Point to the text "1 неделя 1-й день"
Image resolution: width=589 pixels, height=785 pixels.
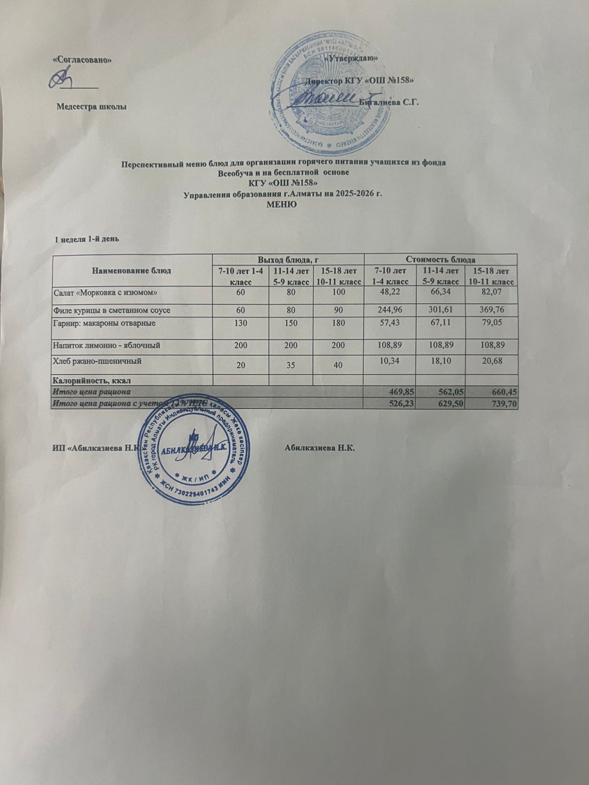point(87,239)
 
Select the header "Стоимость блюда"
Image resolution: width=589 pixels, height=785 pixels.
point(441,259)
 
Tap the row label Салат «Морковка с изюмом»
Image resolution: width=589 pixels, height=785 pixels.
point(105,292)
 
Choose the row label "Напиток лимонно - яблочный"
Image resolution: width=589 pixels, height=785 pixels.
point(106,345)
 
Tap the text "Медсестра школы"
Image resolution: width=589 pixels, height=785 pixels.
point(90,106)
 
